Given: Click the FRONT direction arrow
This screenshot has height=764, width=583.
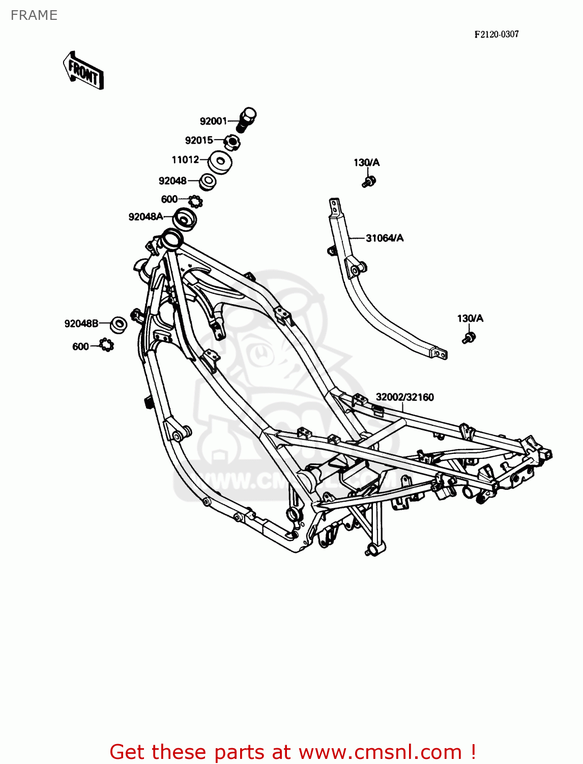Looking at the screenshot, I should tap(83, 71).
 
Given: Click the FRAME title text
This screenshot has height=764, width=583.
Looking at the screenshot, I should tap(34, 15).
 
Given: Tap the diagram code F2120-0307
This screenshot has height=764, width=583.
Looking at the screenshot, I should tap(497, 34).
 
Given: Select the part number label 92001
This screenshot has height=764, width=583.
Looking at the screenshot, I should tap(213, 121).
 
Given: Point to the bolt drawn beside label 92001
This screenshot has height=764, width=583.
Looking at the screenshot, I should tap(247, 119).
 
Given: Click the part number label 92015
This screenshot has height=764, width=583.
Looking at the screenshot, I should tap(199, 140).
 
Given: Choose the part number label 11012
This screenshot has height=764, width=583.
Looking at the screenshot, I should tap(185, 159).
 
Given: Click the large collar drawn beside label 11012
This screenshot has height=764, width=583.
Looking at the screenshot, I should tap(221, 162).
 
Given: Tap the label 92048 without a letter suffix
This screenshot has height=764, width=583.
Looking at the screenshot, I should tap(172, 180).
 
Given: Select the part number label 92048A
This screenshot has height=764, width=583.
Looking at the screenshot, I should tap(145, 216).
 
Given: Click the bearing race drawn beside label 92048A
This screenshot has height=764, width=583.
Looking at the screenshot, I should tap(185, 219).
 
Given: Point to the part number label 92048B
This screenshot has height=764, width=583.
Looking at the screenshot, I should tap(81, 323).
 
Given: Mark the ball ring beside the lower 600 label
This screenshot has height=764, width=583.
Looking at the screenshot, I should tap(107, 345).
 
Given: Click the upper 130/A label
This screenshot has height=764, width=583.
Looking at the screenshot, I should tap(367, 162).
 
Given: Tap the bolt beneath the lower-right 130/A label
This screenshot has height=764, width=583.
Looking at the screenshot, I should tap(469, 337).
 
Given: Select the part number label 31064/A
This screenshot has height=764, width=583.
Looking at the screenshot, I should tap(385, 238).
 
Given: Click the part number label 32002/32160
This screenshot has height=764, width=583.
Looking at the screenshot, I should tap(405, 397).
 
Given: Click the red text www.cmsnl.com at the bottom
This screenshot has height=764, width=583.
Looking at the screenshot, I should tap(380, 752).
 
